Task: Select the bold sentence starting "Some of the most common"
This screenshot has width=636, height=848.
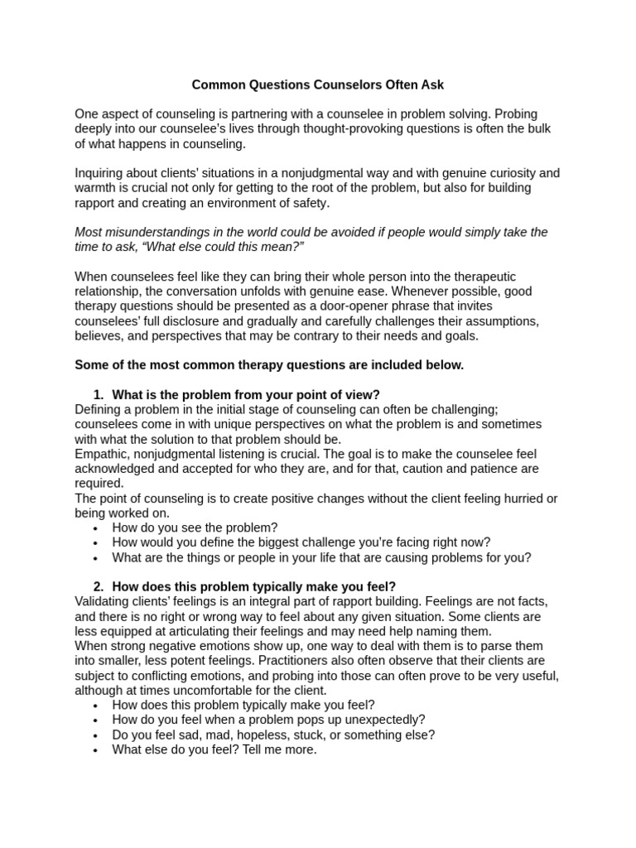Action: pos(269,364)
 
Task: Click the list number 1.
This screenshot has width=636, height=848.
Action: pos(99,394)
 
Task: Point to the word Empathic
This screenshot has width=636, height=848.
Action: pos(101,454)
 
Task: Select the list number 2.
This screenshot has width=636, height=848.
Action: pos(99,587)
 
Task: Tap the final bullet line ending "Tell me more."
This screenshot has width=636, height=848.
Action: pos(214,749)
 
